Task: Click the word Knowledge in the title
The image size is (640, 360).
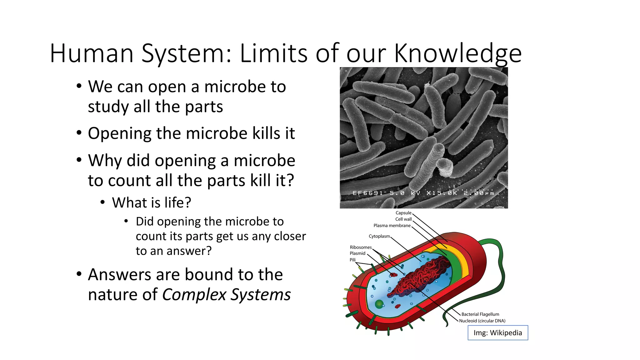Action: [457, 53]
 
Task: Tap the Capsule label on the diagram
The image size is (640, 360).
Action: [403, 213]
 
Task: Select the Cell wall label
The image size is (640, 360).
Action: [403, 219]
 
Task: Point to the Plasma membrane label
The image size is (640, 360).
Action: [392, 226]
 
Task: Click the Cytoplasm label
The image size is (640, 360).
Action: [379, 236]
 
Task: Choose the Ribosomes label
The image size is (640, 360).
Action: [361, 247]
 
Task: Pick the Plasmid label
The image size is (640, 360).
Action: [357, 253]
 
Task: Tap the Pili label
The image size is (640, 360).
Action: [352, 260]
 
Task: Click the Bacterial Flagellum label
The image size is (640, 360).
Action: [480, 314]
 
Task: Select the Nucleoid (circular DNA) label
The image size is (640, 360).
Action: [482, 321]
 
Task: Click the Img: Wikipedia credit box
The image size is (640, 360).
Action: [498, 333]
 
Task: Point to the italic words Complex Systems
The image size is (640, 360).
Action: [226, 295]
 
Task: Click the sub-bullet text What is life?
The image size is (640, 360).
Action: [152, 202]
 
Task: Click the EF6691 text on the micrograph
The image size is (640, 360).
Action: [367, 193]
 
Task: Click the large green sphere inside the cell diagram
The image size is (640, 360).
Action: [379, 304]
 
